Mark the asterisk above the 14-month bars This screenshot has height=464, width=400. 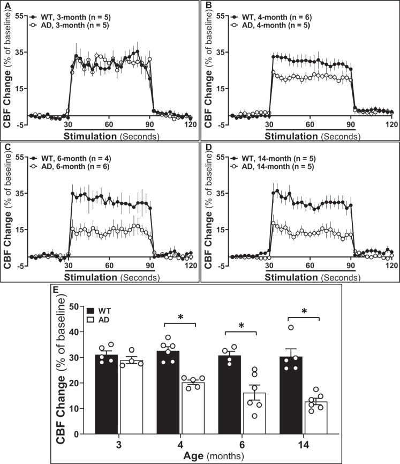tap(305, 327)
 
